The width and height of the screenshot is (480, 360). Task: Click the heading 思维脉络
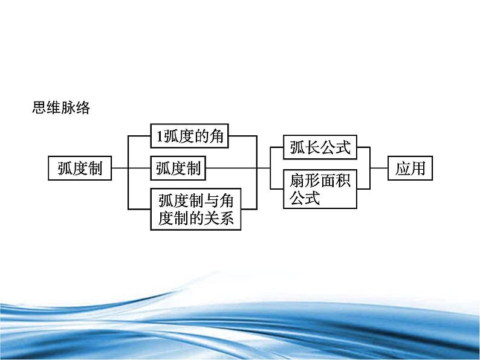pyautogui.click(x=61, y=108)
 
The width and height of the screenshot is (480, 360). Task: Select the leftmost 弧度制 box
pyautogui.click(x=80, y=169)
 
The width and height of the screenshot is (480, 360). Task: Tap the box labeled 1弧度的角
pyautogui.click(x=189, y=136)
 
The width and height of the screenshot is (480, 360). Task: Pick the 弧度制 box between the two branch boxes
pyautogui.click(x=178, y=169)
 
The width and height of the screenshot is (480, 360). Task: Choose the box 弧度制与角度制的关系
pyautogui.click(x=196, y=209)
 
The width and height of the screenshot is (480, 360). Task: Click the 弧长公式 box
pyautogui.click(x=320, y=147)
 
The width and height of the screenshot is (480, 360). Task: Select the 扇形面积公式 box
pyautogui.click(x=320, y=189)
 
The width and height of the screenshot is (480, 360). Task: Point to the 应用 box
pyautogui.click(x=410, y=169)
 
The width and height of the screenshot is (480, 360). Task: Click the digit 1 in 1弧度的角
pyautogui.click(x=160, y=137)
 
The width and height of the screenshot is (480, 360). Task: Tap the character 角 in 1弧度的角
pyautogui.click(x=216, y=136)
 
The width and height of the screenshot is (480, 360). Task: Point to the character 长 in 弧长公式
pyautogui.click(x=313, y=147)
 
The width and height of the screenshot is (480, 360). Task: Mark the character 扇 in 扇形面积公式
pyautogui.click(x=297, y=181)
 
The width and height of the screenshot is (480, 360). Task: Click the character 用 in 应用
pyautogui.click(x=418, y=169)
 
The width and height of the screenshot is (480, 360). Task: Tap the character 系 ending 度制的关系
pyautogui.click(x=226, y=219)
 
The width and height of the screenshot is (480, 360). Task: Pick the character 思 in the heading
pyautogui.click(x=39, y=108)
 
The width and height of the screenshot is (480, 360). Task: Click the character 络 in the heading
pyautogui.click(x=83, y=108)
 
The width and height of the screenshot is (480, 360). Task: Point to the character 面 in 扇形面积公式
pyautogui.click(x=328, y=181)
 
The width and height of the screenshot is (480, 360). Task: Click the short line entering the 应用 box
pyautogui.click(x=379, y=168)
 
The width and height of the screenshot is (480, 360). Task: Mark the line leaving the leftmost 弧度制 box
pyautogui.click(x=120, y=168)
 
